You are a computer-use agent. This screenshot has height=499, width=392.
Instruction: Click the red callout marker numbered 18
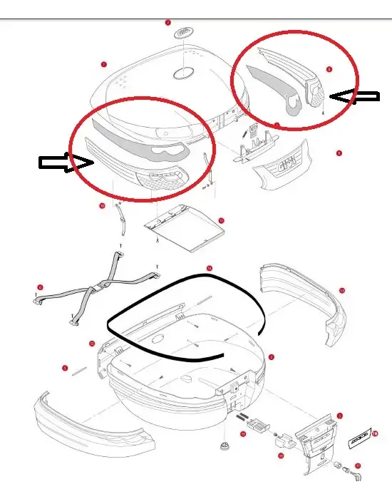pos(375,433)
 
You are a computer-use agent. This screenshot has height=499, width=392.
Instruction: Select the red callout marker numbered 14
pos(209,269)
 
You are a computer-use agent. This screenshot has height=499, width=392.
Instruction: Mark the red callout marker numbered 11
pos(221,221)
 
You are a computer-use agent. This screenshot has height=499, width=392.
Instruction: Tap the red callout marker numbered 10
pos(102,206)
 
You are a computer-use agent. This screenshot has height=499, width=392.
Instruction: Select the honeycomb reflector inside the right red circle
pos(316,92)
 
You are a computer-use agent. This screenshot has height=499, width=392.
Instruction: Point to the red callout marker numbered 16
pos(280,455)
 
